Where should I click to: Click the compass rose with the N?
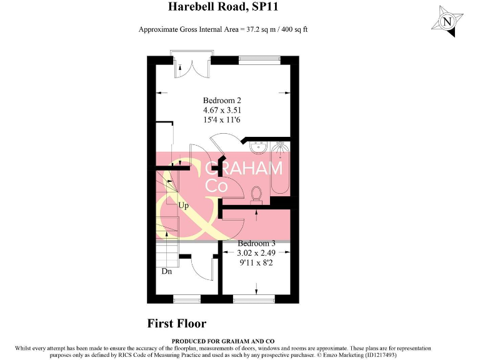446,21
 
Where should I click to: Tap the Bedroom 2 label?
222,100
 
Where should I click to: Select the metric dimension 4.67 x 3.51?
222,110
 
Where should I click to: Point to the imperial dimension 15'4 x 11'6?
222,120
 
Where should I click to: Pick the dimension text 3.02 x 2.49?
256,253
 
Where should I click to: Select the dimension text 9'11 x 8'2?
256,263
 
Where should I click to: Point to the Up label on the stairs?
184,205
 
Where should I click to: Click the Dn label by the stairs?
167,272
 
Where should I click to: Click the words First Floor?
176,323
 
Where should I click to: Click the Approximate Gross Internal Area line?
223,29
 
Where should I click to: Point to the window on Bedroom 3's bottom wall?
254,299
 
